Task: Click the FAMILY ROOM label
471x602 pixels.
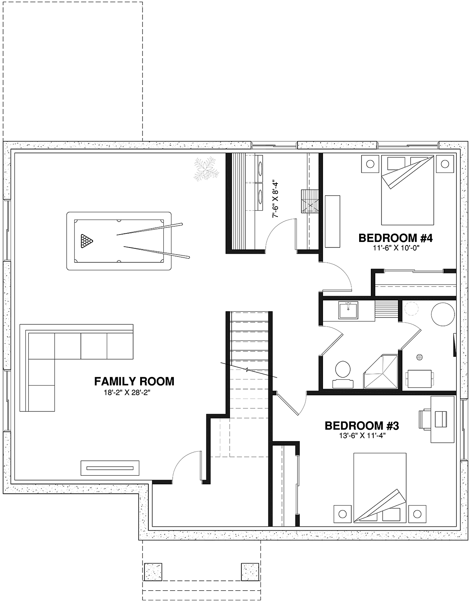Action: [x=134, y=382]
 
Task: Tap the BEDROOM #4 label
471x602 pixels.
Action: [x=396, y=238]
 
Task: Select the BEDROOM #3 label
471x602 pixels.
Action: [x=362, y=426]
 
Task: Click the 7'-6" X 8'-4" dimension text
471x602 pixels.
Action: [x=275, y=200]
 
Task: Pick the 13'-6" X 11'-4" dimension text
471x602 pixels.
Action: [x=362, y=436]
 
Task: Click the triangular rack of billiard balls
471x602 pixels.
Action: [x=86, y=241]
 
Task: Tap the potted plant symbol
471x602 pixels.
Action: [x=206, y=169]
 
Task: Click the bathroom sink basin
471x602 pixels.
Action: [x=348, y=311]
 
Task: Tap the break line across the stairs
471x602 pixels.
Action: [x=249, y=370]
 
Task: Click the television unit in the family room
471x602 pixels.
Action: [x=110, y=468]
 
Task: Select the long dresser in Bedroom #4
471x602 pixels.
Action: [x=332, y=221]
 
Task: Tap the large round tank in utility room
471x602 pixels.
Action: [x=443, y=315]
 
